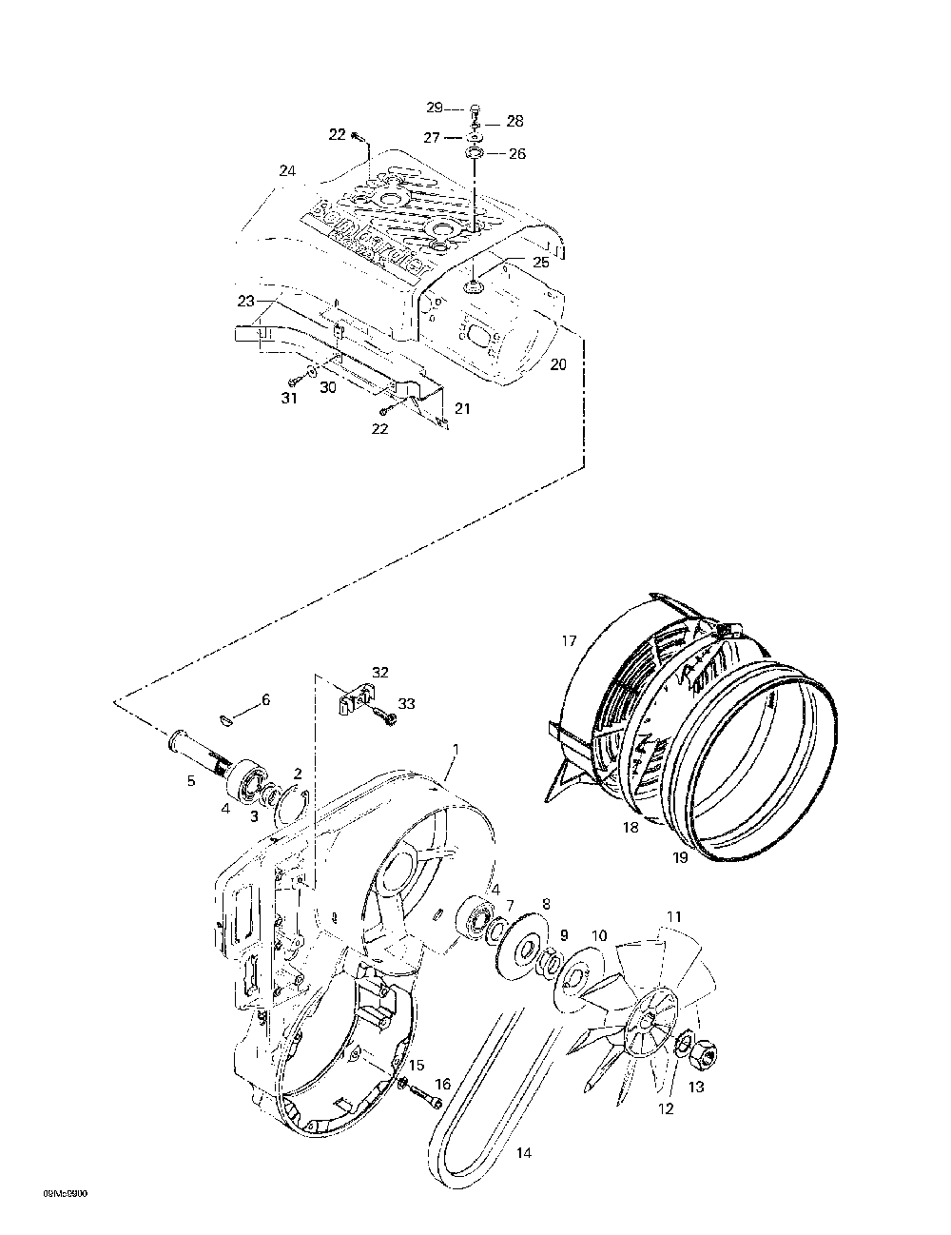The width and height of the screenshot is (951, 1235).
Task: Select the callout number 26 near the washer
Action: tap(517, 154)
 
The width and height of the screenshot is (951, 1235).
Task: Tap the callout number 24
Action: tap(287, 171)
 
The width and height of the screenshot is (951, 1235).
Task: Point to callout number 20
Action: tap(558, 364)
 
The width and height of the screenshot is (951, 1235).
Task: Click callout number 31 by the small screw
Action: tap(289, 399)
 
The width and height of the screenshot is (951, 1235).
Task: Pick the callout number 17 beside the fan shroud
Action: tap(569, 641)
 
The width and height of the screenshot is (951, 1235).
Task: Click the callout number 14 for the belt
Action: tap(523, 1154)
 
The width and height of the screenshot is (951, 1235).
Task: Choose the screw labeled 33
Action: tap(384, 713)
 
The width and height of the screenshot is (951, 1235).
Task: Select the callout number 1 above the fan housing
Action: tap(456, 750)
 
